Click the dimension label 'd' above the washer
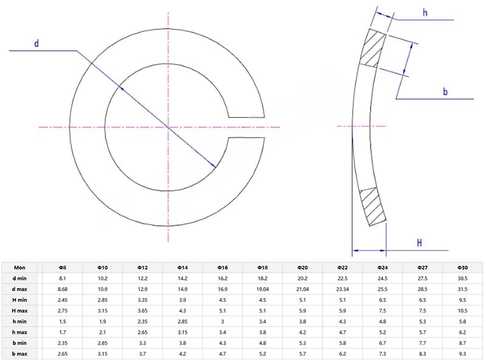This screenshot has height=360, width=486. click(x=36, y=44)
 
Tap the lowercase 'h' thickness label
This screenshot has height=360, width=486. click(x=425, y=12)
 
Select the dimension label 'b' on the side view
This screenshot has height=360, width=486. click(x=445, y=92)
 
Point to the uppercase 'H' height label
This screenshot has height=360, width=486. click(x=419, y=243)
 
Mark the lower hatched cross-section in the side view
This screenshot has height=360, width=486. click(x=372, y=207)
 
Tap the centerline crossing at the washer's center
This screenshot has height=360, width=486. click(x=167, y=127)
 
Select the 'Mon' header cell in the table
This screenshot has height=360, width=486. click(x=20, y=268)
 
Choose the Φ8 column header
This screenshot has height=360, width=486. click(x=62, y=268)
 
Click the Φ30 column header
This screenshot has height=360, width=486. click(x=462, y=268)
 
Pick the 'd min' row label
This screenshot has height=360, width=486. click(x=20, y=279)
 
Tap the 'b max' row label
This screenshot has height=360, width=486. click(x=20, y=353)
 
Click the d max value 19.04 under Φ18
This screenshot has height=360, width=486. click(x=262, y=290)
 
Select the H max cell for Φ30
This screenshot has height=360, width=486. click(x=462, y=311)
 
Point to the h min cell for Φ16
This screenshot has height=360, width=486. click(x=222, y=321)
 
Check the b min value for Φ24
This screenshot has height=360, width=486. click(x=382, y=342)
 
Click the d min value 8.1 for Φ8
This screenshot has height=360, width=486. click(x=62, y=279)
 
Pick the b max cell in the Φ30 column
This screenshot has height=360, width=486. click(x=462, y=353)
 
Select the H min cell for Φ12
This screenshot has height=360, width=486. click(x=142, y=300)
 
